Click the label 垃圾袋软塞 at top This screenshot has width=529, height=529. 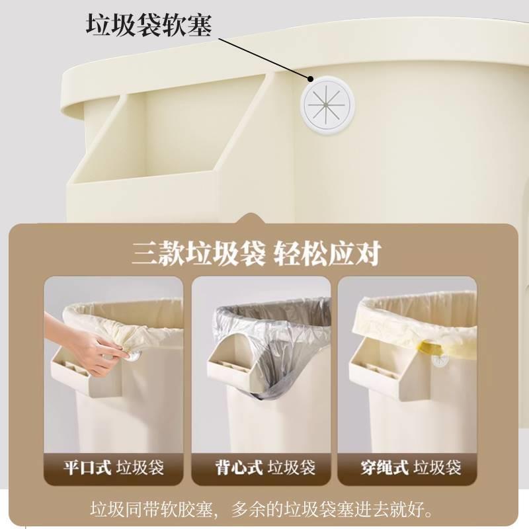point(149,25)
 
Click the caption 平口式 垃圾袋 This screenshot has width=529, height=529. point(113,468)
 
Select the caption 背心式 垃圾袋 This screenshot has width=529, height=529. point(261,468)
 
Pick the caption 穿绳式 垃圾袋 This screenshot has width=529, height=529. point(410,468)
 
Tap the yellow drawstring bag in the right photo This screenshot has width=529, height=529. point(410,324)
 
